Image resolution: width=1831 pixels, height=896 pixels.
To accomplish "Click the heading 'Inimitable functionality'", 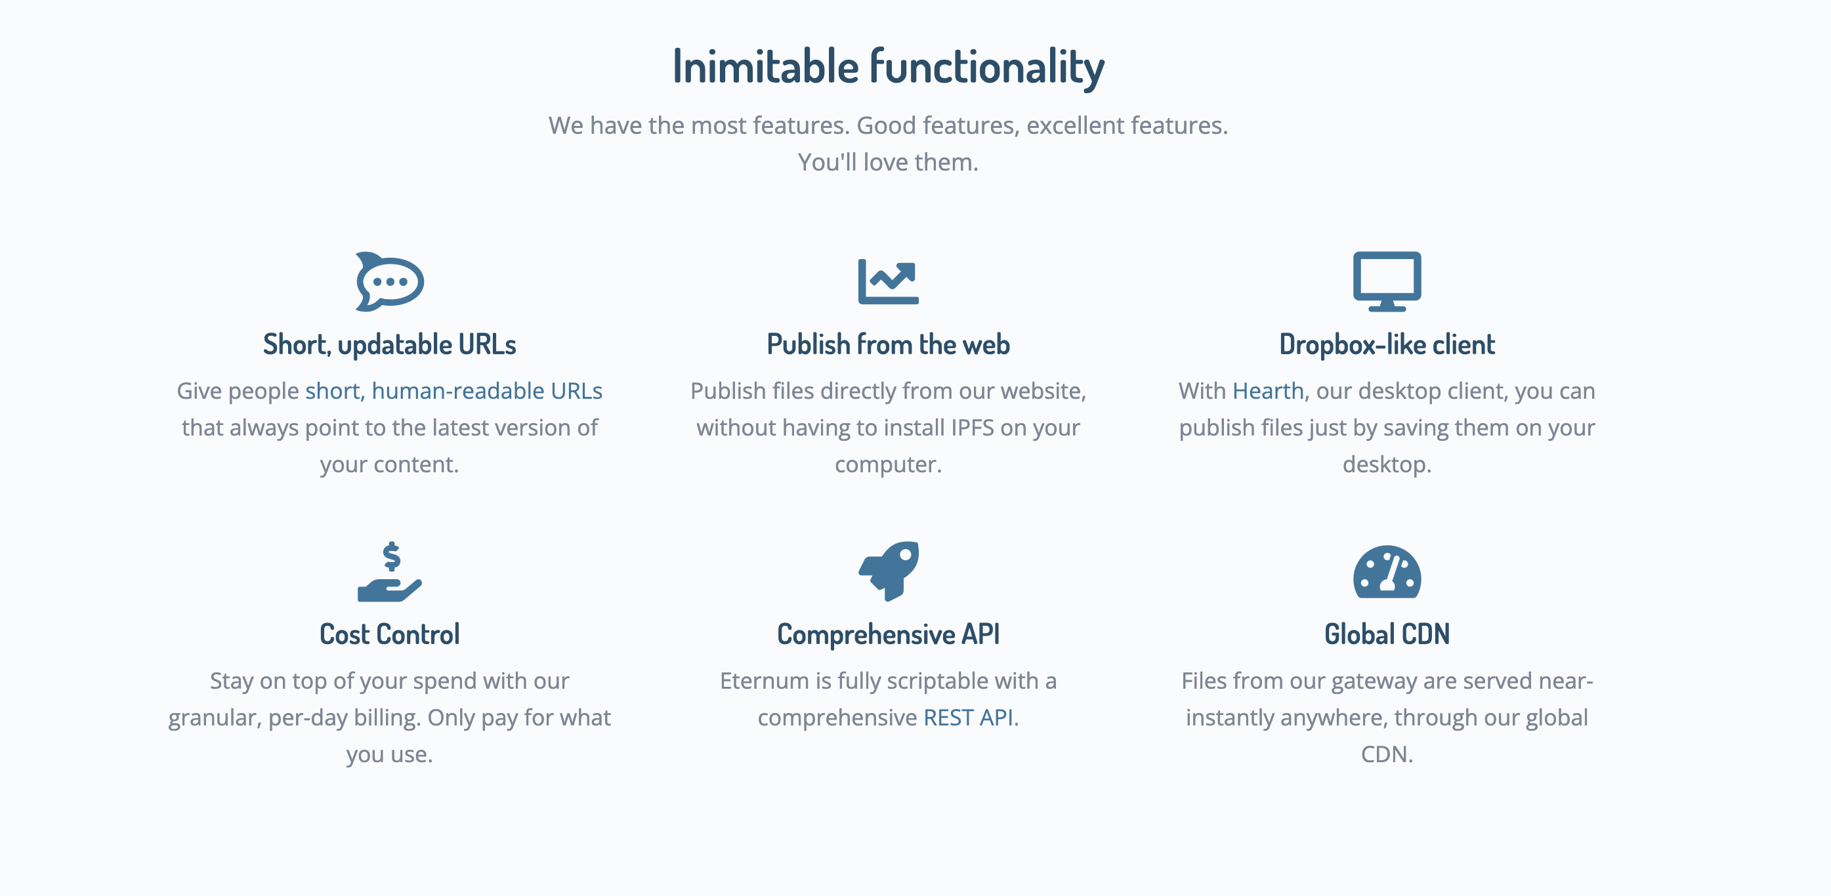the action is pyautogui.click(x=889, y=66).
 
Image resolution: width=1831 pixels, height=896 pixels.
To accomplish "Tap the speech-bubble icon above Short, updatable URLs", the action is pyautogui.click(x=390, y=281).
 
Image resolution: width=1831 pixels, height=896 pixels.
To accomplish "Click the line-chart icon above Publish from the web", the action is pyautogui.click(x=889, y=281).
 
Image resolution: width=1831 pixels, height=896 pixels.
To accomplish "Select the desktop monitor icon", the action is pyautogui.click(x=1387, y=281).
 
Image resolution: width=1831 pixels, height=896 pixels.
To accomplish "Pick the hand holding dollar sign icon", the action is pyautogui.click(x=390, y=572).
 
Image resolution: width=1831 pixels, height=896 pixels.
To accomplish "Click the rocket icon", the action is pyautogui.click(x=889, y=571).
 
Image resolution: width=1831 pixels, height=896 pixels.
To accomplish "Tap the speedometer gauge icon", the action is pyautogui.click(x=1387, y=572).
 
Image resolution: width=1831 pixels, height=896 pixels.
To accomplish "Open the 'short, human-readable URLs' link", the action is pyautogui.click(x=453, y=391).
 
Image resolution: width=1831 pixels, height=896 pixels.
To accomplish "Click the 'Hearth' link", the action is pyautogui.click(x=1268, y=391).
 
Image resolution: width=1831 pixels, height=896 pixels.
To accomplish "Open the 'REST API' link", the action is pyautogui.click(x=968, y=718).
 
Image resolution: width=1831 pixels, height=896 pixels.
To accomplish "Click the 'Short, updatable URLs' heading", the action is pyautogui.click(x=390, y=344).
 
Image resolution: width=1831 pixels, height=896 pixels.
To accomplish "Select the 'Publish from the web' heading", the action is pyautogui.click(x=889, y=344).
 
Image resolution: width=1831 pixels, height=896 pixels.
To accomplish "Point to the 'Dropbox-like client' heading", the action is pyautogui.click(x=1387, y=344).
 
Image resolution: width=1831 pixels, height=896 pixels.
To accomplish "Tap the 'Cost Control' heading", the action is pyautogui.click(x=390, y=634).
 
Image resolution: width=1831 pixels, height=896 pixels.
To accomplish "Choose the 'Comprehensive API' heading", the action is pyautogui.click(x=889, y=634).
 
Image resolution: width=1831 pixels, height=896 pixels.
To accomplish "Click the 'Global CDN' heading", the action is pyautogui.click(x=1387, y=634).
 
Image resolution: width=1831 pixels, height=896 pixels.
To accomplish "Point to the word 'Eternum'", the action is pyautogui.click(x=765, y=681).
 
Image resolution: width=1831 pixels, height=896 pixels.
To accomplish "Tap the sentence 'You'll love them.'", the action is pyautogui.click(x=889, y=163).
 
